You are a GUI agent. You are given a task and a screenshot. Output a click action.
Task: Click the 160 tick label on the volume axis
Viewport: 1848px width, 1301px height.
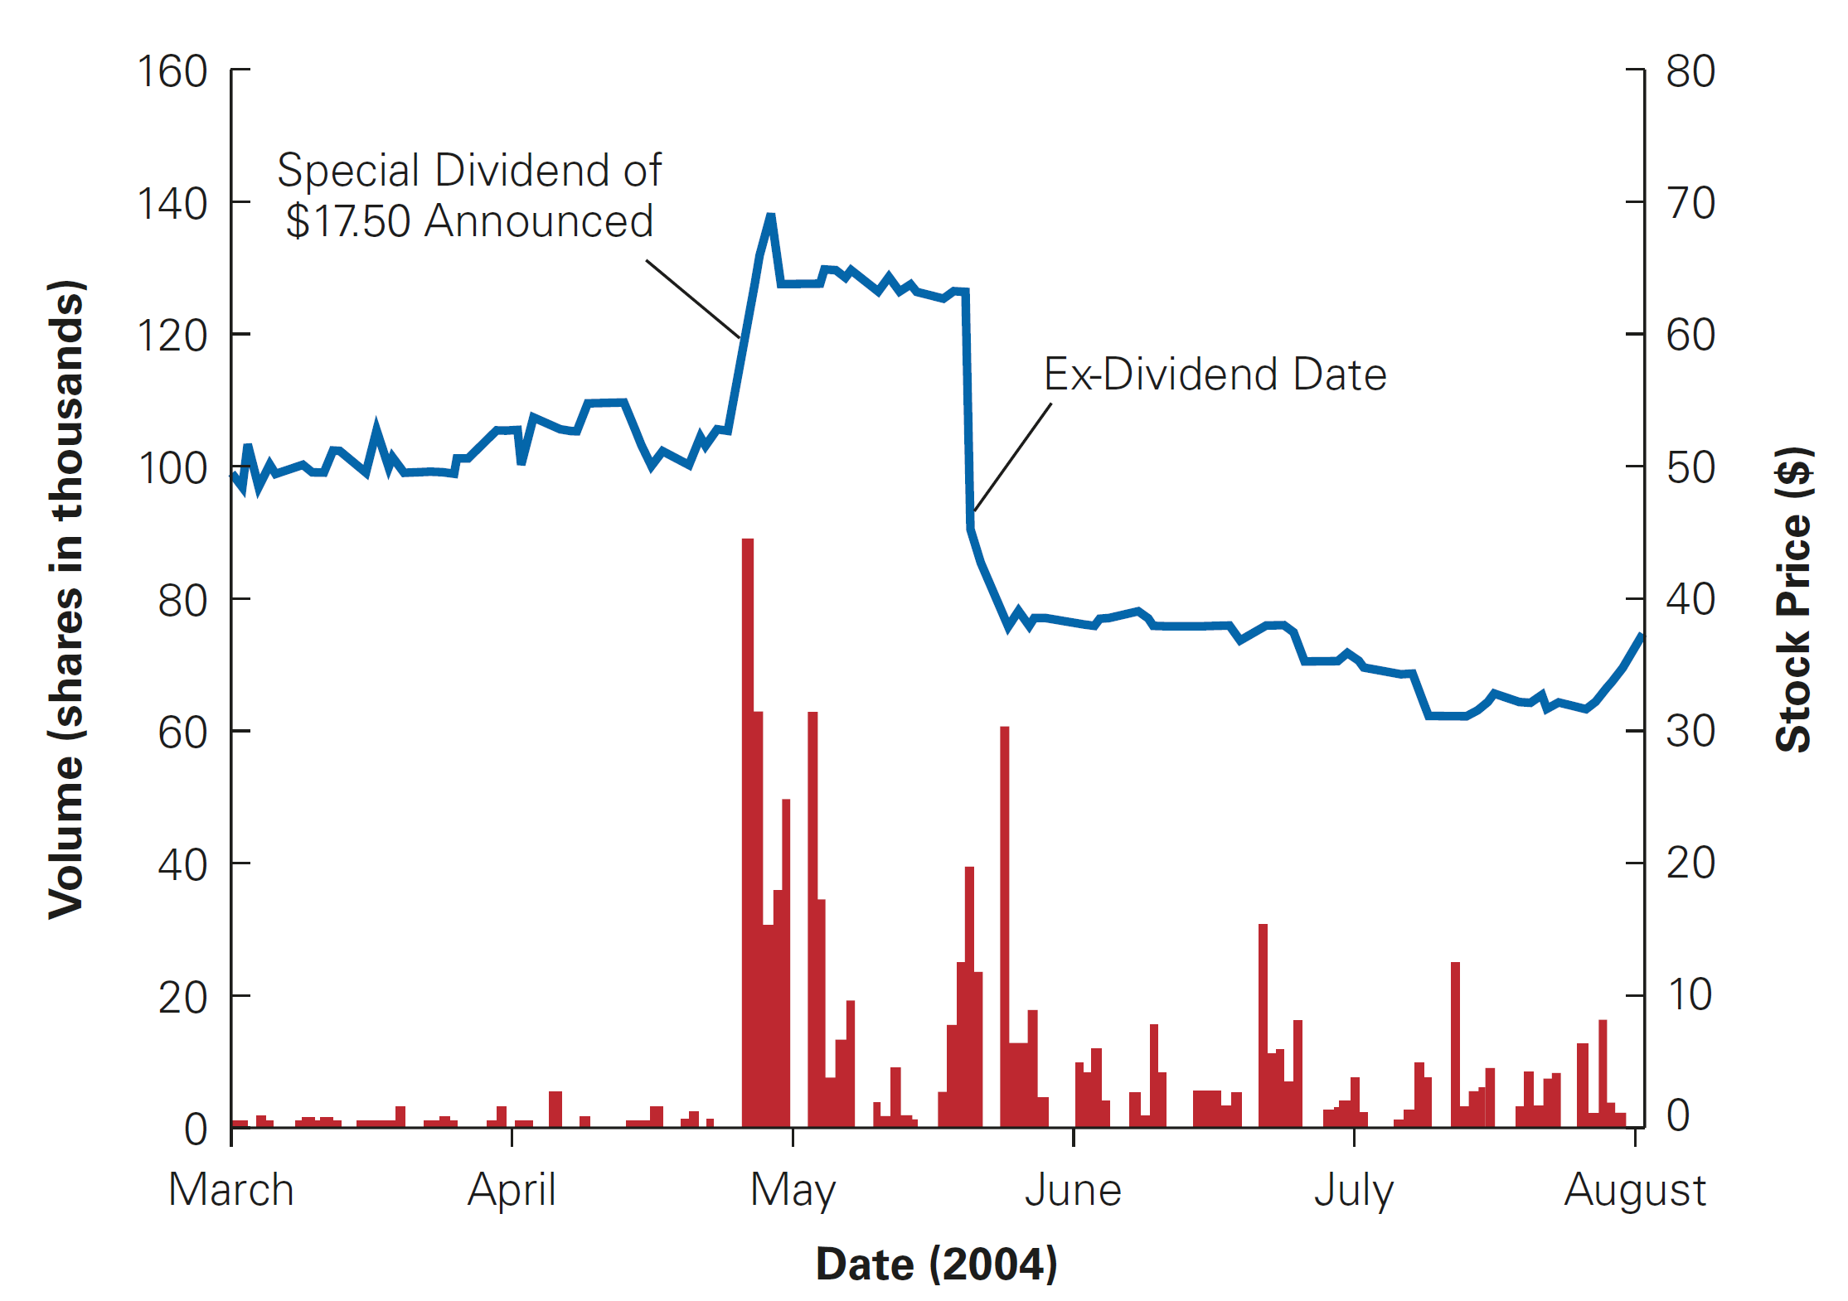pyautogui.click(x=172, y=72)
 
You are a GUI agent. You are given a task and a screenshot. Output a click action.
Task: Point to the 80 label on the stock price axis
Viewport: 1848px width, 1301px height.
pyautogui.click(x=1690, y=72)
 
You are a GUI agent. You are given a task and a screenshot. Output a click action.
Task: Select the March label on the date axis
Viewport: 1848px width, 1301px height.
pyautogui.click(x=230, y=1190)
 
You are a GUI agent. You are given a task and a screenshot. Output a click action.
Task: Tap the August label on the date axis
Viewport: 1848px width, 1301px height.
pyautogui.click(x=1634, y=1190)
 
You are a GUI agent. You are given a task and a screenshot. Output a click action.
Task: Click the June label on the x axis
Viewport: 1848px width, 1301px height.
pyautogui.click(x=1073, y=1190)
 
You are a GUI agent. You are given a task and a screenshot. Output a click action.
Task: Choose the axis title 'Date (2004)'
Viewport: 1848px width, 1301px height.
pyautogui.click(x=936, y=1264)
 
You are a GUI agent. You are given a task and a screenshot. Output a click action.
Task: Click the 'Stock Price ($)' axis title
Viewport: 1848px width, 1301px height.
pyautogui.click(x=1793, y=598)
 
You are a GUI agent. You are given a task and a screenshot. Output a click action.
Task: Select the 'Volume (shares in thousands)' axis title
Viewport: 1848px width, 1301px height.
pyautogui.click(x=66, y=598)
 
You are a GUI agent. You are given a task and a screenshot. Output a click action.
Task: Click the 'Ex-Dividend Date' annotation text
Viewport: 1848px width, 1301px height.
pyautogui.click(x=1215, y=375)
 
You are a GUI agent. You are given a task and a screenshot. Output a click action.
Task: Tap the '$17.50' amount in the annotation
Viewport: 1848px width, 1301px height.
pyautogui.click(x=347, y=221)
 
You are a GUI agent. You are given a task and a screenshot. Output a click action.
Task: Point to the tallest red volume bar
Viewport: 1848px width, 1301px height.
pyautogui.click(x=747, y=829)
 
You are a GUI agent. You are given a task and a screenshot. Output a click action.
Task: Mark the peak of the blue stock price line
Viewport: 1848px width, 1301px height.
pyautogui.click(x=770, y=217)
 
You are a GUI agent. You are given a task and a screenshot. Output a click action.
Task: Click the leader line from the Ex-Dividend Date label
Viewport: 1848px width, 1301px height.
pyautogui.click(x=1013, y=457)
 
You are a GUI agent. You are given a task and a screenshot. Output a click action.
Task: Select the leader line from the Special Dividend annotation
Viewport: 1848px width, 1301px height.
pyautogui.click(x=693, y=299)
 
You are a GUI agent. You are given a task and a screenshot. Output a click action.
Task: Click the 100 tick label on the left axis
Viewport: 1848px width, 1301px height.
pyautogui.click(x=172, y=469)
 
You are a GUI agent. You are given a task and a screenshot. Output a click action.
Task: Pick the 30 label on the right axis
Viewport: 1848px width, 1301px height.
pyautogui.click(x=1690, y=732)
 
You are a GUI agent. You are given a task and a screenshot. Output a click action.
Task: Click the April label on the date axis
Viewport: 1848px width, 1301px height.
pyautogui.click(x=511, y=1190)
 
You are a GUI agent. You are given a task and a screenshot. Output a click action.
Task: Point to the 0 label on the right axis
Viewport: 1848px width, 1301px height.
pyautogui.click(x=1678, y=1115)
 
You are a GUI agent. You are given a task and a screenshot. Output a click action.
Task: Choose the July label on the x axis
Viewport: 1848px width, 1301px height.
pyautogui.click(x=1354, y=1190)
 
